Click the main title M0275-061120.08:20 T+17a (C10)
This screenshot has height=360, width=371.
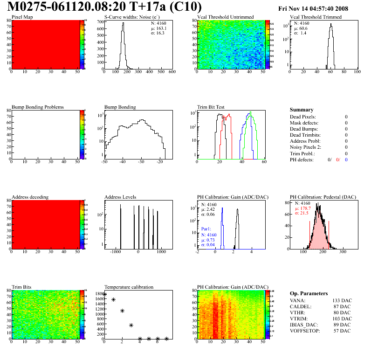[x=105, y=7]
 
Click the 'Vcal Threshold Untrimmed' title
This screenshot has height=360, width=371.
[x=225, y=17]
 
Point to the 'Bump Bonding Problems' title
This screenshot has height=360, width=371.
[x=38, y=107]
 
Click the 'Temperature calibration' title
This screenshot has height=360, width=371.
[x=129, y=287]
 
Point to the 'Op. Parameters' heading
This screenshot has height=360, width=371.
[x=309, y=294]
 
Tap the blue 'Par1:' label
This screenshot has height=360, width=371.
[x=207, y=229]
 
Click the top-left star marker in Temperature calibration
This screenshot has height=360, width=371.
[x=104, y=294]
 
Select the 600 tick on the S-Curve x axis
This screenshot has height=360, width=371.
[x=172, y=72]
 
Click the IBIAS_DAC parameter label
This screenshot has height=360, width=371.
[x=304, y=325]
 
